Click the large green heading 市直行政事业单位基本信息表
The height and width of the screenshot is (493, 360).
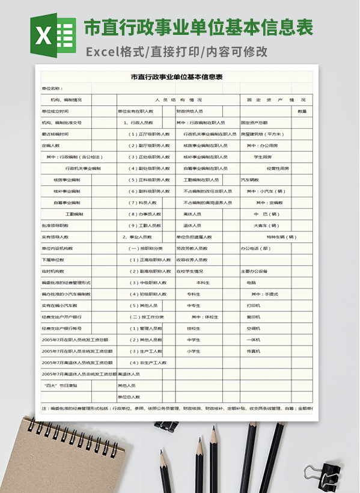coord(198,28)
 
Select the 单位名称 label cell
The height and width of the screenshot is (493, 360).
coord(52,88)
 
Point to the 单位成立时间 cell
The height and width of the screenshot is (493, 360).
coord(55,111)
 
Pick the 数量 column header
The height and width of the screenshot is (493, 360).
coord(302,111)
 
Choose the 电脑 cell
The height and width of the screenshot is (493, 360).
coord(251,283)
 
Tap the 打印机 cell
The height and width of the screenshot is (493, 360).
coord(253,305)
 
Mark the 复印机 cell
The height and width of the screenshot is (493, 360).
coord(253,317)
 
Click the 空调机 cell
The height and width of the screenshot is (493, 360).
coord(253,328)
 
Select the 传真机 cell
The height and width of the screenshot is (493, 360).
coord(253,351)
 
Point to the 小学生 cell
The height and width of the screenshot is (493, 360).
coord(194,351)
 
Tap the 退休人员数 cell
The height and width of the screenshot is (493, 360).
coord(192,225)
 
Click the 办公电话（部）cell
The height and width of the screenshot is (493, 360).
coord(255,248)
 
